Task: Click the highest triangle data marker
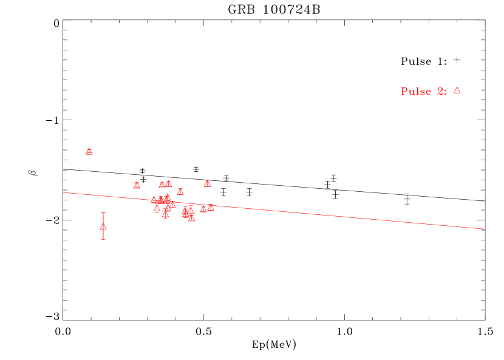(x=89, y=151)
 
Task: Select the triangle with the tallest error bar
(x=103, y=226)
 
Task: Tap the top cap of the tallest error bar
(x=103, y=213)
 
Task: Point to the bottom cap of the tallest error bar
(x=103, y=239)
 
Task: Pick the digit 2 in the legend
(x=440, y=92)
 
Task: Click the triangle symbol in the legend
(x=457, y=90)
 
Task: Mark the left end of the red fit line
(x=63, y=192)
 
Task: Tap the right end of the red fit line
(x=485, y=229)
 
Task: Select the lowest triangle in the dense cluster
(x=192, y=218)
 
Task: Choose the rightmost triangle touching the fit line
(x=211, y=207)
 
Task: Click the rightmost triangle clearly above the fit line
(x=207, y=183)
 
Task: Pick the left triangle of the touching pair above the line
(x=162, y=185)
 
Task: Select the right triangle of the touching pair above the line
(x=169, y=183)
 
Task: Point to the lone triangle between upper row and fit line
(x=180, y=191)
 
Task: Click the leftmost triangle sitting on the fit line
(x=154, y=200)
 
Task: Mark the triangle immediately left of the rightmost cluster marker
(x=203, y=208)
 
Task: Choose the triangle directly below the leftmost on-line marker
(x=157, y=208)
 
